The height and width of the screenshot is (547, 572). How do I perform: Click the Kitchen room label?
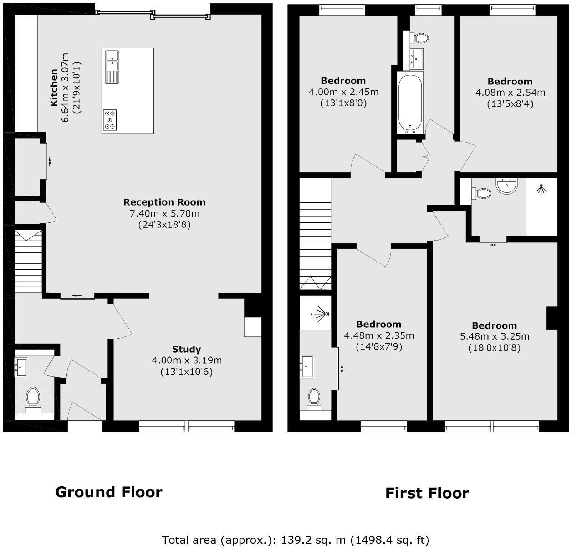pos(54,88)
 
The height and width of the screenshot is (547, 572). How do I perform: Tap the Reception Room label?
pos(164,202)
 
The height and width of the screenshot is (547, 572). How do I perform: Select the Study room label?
pos(186,349)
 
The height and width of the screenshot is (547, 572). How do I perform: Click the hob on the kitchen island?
pos(110,120)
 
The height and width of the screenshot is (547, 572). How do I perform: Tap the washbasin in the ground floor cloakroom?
pos(21,366)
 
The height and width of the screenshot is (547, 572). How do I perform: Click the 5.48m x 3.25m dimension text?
pos(495,336)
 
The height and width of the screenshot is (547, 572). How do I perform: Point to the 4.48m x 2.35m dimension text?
pos(379,335)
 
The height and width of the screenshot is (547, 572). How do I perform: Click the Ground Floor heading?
pos(108,492)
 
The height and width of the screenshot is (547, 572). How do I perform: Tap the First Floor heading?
pos(427,493)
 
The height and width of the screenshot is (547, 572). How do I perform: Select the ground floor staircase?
pos(29,262)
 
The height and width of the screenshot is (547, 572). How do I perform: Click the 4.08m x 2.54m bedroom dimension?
pos(510,93)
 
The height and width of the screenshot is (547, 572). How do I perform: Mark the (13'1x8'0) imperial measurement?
pos(343,103)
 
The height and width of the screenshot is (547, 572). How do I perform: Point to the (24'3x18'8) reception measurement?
pos(164,225)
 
